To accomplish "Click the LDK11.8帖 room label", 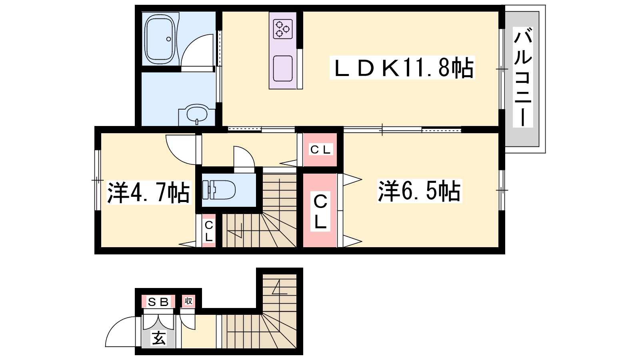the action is [x=402, y=68].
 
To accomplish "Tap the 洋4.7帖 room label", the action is [x=148, y=192].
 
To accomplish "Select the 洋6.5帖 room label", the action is [x=420, y=191].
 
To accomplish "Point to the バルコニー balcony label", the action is [x=522, y=77].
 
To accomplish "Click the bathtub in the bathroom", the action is [x=160, y=39].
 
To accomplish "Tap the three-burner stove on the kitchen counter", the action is [x=282, y=29].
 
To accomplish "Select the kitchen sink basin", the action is [x=282, y=68].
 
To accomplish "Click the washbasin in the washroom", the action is [x=197, y=114].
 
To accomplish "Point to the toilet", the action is [x=219, y=190].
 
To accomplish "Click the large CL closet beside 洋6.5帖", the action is [x=320, y=210].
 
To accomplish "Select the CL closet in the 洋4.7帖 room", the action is [x=209, y=231].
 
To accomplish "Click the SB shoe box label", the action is [x=158, y=302].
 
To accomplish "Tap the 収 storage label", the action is [x=188, y=301].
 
